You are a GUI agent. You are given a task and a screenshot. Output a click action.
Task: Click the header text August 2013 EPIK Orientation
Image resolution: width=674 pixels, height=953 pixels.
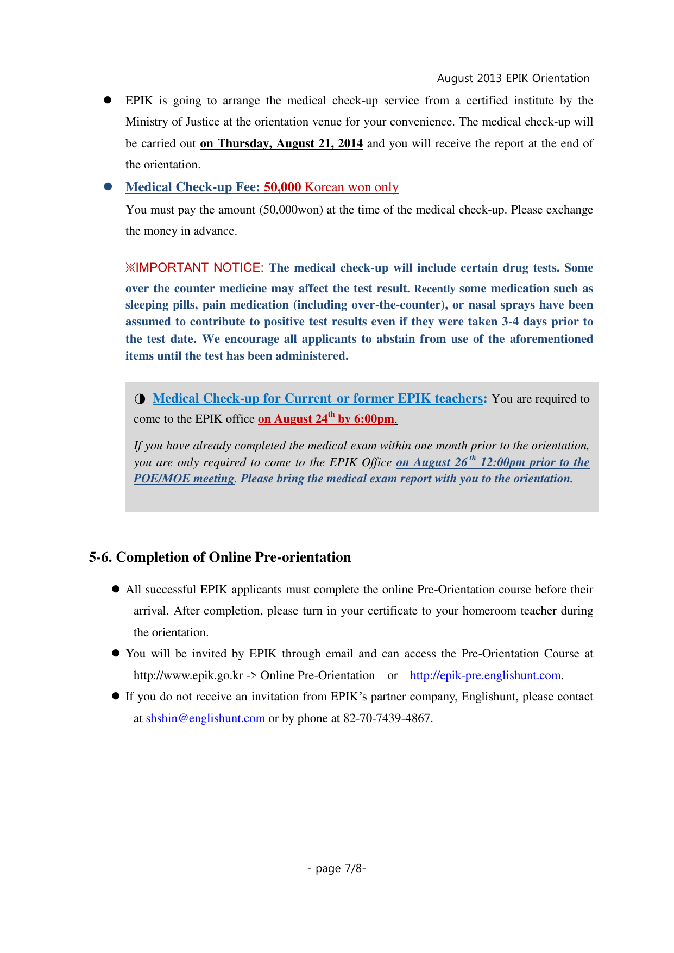[x=513, y=78]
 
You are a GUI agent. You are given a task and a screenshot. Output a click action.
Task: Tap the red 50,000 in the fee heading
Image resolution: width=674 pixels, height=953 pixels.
[x=282, y=187]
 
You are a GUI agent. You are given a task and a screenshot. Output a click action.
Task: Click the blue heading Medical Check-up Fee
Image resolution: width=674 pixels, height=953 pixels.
[x=192, y=187]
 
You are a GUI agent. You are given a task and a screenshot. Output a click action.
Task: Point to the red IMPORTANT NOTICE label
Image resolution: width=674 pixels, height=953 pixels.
[x=193, y=267]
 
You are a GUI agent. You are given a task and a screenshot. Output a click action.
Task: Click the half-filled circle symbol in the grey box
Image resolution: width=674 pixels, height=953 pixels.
[x=140, y=399]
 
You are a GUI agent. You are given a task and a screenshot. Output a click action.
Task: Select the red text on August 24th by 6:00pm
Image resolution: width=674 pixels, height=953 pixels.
[x=326, y=419]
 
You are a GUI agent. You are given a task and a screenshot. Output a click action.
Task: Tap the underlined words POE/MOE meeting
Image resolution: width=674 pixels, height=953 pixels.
[x=184, y=479]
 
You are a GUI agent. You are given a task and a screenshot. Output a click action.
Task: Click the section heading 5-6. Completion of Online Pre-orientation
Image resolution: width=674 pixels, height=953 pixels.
[x=220, y=557]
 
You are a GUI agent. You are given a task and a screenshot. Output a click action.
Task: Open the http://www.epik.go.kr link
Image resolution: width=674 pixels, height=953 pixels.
[x=188, y=675]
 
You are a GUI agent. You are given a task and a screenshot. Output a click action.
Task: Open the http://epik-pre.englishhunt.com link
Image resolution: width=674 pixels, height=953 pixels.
[x=485, y=675]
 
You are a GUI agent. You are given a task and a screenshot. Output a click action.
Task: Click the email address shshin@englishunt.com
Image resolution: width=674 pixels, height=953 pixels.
[x=205, y=718]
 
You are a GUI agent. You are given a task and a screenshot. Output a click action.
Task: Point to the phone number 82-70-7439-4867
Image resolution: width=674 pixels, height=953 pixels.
[x=387, y=718]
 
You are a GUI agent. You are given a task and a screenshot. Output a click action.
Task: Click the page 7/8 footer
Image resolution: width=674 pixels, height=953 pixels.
[x=337, y=868]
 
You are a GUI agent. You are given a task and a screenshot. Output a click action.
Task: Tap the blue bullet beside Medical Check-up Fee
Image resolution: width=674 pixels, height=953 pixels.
[x=108, y=186]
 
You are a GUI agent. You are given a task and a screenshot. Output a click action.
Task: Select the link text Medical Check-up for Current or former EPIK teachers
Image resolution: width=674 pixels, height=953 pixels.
[x=318, y=398]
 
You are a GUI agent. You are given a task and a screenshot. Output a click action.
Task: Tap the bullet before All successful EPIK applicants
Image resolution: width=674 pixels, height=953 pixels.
[x=116, y=590]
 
